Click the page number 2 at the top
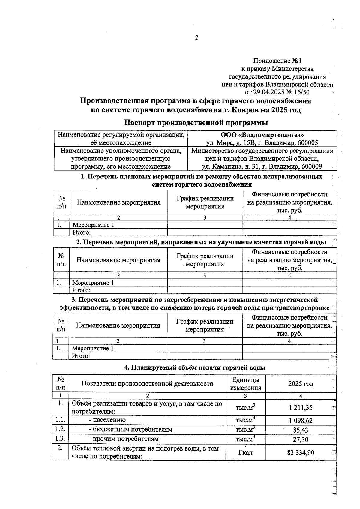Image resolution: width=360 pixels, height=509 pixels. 196,38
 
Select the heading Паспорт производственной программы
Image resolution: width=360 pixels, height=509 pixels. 196,123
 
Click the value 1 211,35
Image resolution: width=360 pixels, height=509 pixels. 301,408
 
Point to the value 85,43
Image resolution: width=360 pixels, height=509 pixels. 301,430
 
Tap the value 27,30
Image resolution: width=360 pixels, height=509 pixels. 301,440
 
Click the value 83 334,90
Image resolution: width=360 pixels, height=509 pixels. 301,452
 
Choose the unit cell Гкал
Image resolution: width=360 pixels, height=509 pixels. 245,452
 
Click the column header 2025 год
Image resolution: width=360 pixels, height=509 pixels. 301,384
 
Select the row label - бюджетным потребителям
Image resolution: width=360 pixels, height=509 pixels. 130,430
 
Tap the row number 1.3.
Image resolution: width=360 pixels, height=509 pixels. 60,439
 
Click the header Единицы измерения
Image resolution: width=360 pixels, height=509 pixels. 245,384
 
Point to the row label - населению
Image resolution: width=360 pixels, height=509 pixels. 109,420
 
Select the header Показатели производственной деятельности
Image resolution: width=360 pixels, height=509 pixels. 147,384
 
